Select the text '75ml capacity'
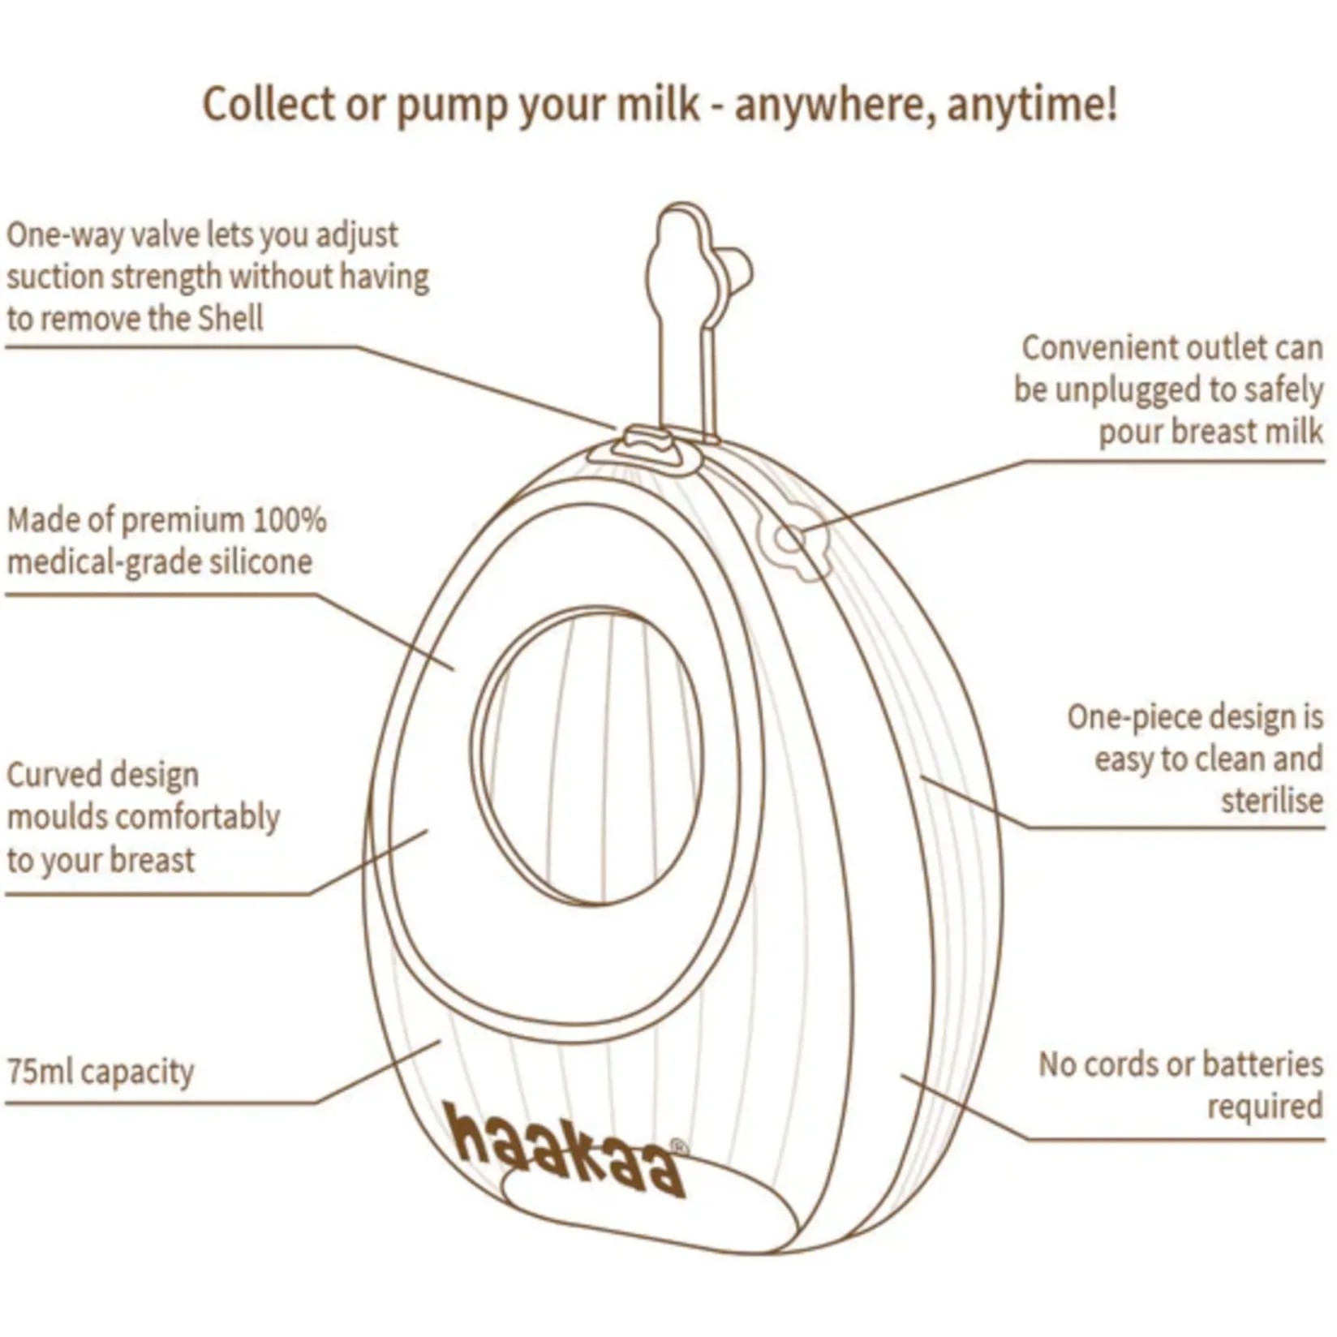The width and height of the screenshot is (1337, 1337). [101, 1072]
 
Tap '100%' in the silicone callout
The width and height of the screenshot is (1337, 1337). [290, 519]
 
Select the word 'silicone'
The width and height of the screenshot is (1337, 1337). [260, 561]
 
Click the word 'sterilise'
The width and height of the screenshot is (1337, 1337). [1271, 801]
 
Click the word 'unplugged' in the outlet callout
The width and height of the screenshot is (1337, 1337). [1128, 389]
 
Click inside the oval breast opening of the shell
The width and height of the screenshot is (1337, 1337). [590, 754]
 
